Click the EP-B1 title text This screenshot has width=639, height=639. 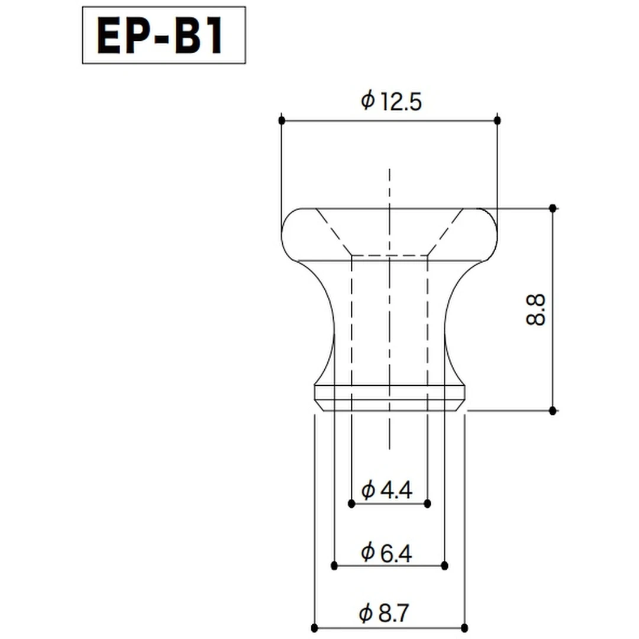160,36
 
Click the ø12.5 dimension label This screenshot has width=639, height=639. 391,101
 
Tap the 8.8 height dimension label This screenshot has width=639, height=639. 535,309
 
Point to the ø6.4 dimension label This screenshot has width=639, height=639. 386,553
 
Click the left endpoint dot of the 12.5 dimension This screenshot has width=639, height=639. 282,120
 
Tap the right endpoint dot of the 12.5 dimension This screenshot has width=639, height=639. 497,120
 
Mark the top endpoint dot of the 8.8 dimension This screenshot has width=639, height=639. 553,208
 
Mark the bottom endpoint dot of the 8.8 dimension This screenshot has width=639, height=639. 553,411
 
